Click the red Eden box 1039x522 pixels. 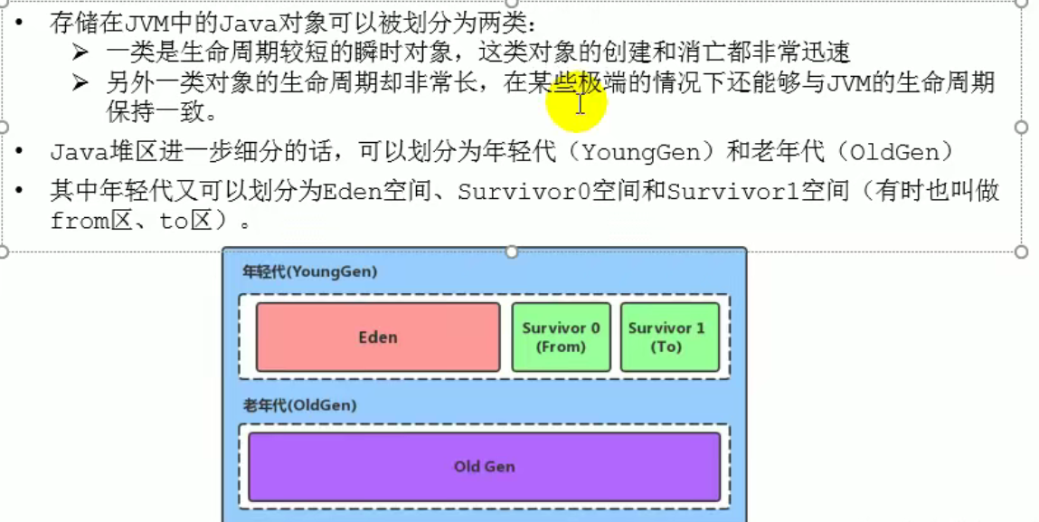point(378,337)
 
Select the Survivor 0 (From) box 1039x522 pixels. point(561,337)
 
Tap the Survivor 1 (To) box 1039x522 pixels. point(669,337)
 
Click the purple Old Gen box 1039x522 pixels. point(484,467)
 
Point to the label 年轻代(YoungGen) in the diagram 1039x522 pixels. point(309,271)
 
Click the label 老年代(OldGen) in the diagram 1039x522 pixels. point(299,405)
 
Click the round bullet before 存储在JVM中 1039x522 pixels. point(20,23)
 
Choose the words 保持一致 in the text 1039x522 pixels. point(150,113)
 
